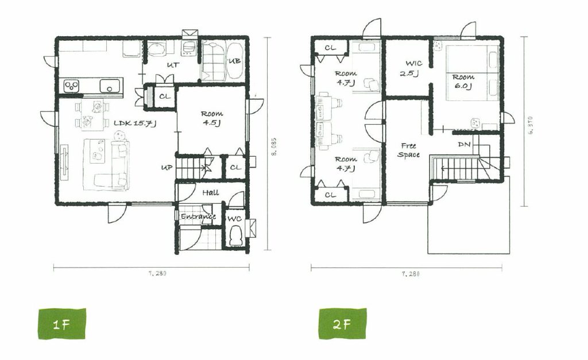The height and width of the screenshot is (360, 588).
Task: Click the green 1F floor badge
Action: pyautogui.click(x=62, y=324)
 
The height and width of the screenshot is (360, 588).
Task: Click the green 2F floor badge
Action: pyautogui.click(x=343, y=324)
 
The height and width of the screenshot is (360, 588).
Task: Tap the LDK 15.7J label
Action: pyautogui.click(x=135, y=123)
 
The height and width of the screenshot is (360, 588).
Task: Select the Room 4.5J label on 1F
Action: pyautogui.click(x=212, y=118)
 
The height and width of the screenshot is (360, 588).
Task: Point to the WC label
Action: pyautogui.click(x=235, y=219)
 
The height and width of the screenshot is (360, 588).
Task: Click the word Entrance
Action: pyautogui.click(x=198, y=217)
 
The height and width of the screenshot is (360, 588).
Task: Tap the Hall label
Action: pyautogui.click(x=211, y=193)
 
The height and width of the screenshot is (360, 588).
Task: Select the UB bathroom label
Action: pyautogui.click(x=234, y=61)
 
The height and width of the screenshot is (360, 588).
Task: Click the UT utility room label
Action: pyautogui.click(x=173, y=65)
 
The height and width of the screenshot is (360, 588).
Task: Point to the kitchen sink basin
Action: pyautogui.click(x=110, y=86)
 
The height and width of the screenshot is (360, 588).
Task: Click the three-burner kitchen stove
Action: pyautogui.click(x=71, y=86)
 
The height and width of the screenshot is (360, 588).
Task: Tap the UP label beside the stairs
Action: pyautogui.click(x=167, y=167)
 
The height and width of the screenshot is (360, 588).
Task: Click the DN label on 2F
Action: pyautogui.click(x=464, y=144)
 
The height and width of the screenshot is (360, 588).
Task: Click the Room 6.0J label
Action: pyautogui.click(x=463, y=82)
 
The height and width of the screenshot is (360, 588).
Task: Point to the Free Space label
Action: pyautogui.click(x=408, y=150)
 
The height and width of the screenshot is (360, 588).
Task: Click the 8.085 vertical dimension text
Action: pyautogui.click(x=274, y=146)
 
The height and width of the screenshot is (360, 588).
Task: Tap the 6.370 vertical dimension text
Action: pyautogui.click(x=530, y=125)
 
